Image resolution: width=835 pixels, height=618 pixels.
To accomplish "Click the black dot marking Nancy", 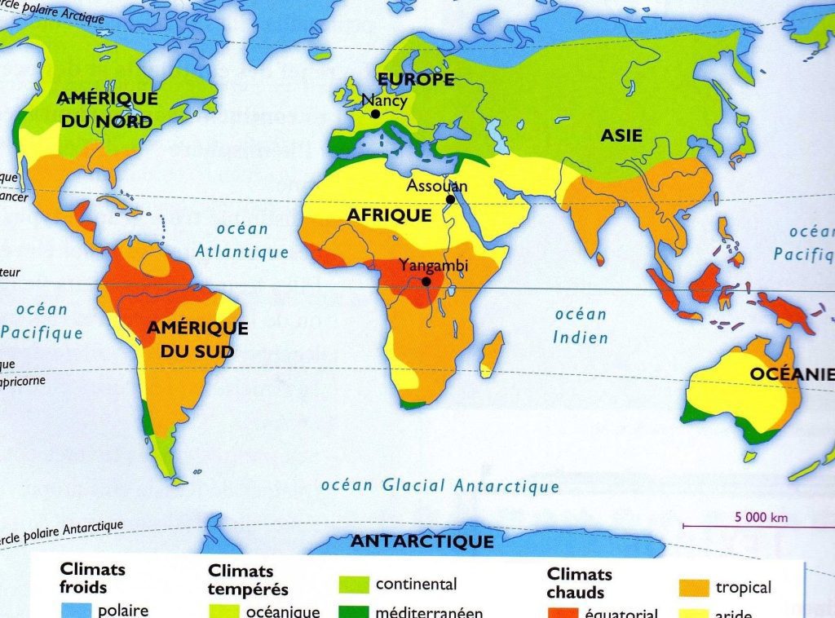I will click(374, 115).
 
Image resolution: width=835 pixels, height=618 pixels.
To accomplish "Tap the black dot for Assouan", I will click(449, 199).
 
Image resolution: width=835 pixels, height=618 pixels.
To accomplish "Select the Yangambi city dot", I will click(426, 281).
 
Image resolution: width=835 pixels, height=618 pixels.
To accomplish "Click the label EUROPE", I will click(415, 80).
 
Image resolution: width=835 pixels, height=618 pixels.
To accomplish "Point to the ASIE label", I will click(621, 136).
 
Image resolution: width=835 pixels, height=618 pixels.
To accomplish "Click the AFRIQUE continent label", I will click(389, 215).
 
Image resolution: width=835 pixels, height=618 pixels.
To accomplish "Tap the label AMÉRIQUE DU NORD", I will click(106, 110).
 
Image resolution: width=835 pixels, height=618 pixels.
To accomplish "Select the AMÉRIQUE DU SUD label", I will click(197, 340).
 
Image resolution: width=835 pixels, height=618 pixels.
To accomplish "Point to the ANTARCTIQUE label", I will click(422, 541).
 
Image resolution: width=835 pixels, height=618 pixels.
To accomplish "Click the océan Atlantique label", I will click(242, 241).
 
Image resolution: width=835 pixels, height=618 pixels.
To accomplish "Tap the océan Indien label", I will click(581, 325).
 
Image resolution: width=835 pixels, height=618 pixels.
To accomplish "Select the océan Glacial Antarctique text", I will click(440, 486).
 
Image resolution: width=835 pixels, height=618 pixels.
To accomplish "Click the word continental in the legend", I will click(416, 585).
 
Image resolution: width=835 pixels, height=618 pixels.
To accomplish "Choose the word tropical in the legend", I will click(743, 587).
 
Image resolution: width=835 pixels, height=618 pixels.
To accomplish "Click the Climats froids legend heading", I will click(92, 578).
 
